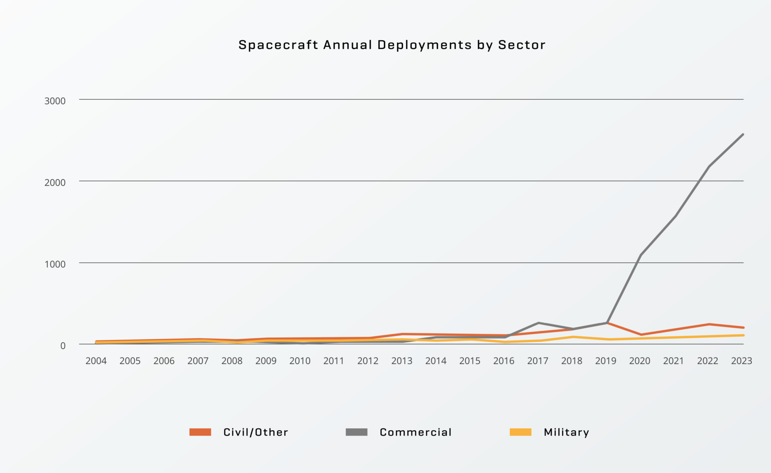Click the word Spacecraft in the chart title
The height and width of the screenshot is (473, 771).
[x=278, y=45]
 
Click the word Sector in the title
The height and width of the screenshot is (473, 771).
[x=522, y=45]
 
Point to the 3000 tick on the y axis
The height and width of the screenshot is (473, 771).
[x=55, y=101]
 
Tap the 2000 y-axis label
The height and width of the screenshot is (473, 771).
[x=55, y=183]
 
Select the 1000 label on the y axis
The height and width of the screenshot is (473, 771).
[x=55, y=264]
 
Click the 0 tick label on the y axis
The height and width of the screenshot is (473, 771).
[x=63, y=346]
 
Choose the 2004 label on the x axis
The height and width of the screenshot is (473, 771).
[x=96, y=361]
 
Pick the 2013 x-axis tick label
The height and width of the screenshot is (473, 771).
[x=402, y=361]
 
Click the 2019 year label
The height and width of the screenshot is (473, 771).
[x=605, y=361]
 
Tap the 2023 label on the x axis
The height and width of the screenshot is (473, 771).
[x=741, y=361]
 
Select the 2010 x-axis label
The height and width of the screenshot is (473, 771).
[x=300, y=361]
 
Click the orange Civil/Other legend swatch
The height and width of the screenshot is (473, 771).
[x=200, y=432]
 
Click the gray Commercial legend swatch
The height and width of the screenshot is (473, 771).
[x=356, y=432]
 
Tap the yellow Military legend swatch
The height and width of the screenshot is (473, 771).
[x=521, y=432]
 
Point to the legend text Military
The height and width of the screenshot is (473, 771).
[x=566, y=432]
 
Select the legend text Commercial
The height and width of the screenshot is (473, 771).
[x=416, y=432]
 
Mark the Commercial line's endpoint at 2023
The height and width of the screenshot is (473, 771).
[x=743, y=135]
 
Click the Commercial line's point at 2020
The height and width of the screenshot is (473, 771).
[x=641, y=255]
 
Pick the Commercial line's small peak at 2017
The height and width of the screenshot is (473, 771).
[x=538, y=323]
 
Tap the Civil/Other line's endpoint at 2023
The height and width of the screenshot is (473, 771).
[x=743, y=327]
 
